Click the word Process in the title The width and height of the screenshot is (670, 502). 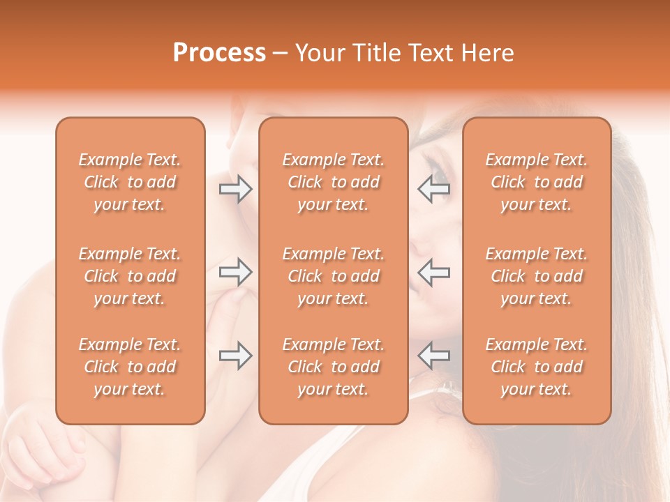219,53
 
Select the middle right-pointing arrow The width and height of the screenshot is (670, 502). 235,272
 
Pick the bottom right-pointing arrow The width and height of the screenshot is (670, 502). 235,356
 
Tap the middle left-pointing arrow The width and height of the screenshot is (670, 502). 433,272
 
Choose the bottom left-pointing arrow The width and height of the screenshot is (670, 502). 433,356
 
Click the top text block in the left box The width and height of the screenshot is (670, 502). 130,182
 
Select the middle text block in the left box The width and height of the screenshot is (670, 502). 130,276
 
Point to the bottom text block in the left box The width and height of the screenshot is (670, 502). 130,367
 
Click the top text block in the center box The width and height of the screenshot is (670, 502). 333,182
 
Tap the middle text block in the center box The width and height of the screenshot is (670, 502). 333,276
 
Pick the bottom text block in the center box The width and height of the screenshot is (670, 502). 333,367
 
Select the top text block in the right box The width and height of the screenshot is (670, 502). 536,182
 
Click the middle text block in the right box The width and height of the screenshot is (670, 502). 536,276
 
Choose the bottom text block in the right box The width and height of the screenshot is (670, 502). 536,367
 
